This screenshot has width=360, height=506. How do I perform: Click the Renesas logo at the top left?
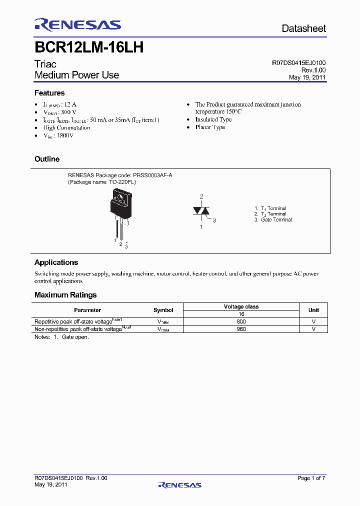click(x=77, y=25)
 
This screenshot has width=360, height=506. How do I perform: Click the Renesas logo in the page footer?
click(x=179, y=484)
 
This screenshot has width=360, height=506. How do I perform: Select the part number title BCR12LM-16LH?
click(x=89, y=47)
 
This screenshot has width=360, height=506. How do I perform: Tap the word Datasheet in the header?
click(x=303, y=28)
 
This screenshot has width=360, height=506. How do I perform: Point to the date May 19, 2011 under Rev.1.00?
click(x=307, y=77)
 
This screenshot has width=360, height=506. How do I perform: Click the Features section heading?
click(x=49, y=93)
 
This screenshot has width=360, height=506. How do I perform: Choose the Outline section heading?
click(x=47, y=159)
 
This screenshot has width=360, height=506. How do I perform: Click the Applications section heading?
click(x=56, y=262)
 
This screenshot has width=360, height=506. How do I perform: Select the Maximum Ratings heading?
click(x=65, y=295)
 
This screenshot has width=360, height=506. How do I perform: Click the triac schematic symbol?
click(x=201, y=211)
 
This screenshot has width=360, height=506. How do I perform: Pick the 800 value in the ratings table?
click(x=241, y=322)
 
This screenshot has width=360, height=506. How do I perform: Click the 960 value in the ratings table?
click(x=241, y=329)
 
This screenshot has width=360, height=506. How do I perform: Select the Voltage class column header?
click(x=241, y=307)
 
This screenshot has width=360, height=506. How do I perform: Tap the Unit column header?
click(x=313, y=310)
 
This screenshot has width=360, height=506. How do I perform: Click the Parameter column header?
click(x=87, y=310)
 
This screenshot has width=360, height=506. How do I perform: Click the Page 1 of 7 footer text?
click(x=311, y=478)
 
